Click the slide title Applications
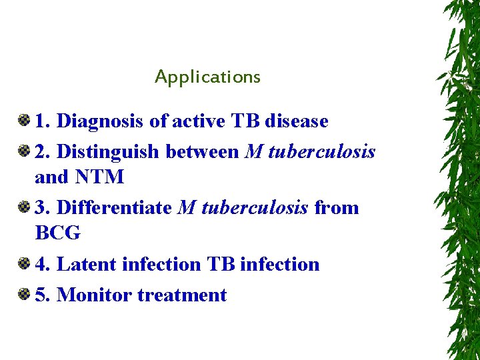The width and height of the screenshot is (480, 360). point(207,77)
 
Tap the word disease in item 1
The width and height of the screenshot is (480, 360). point(296,121)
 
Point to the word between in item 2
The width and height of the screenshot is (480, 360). point(202,152)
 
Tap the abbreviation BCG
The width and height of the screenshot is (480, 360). point(58,233)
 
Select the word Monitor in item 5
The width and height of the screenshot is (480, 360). point(95,295)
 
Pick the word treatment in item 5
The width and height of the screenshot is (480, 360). point(182,295)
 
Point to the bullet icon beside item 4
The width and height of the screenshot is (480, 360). point(24,263)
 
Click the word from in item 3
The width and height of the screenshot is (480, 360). point(336,208)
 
